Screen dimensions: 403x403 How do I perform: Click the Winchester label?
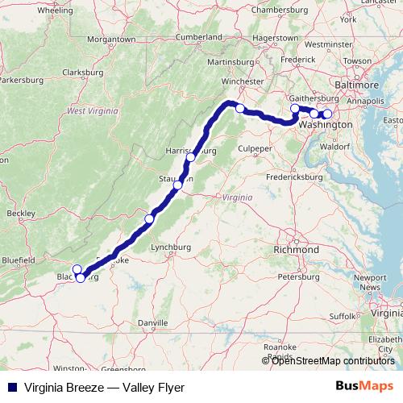pos(243,81)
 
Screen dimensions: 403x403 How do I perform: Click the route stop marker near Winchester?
pos(239,108)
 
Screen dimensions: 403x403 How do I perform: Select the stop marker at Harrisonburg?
pos(190,158)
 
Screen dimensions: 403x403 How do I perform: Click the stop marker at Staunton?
pos(177,186)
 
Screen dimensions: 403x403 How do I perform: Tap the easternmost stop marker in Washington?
pos(327,114)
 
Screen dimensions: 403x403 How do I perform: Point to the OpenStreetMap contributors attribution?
pos(333,360)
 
